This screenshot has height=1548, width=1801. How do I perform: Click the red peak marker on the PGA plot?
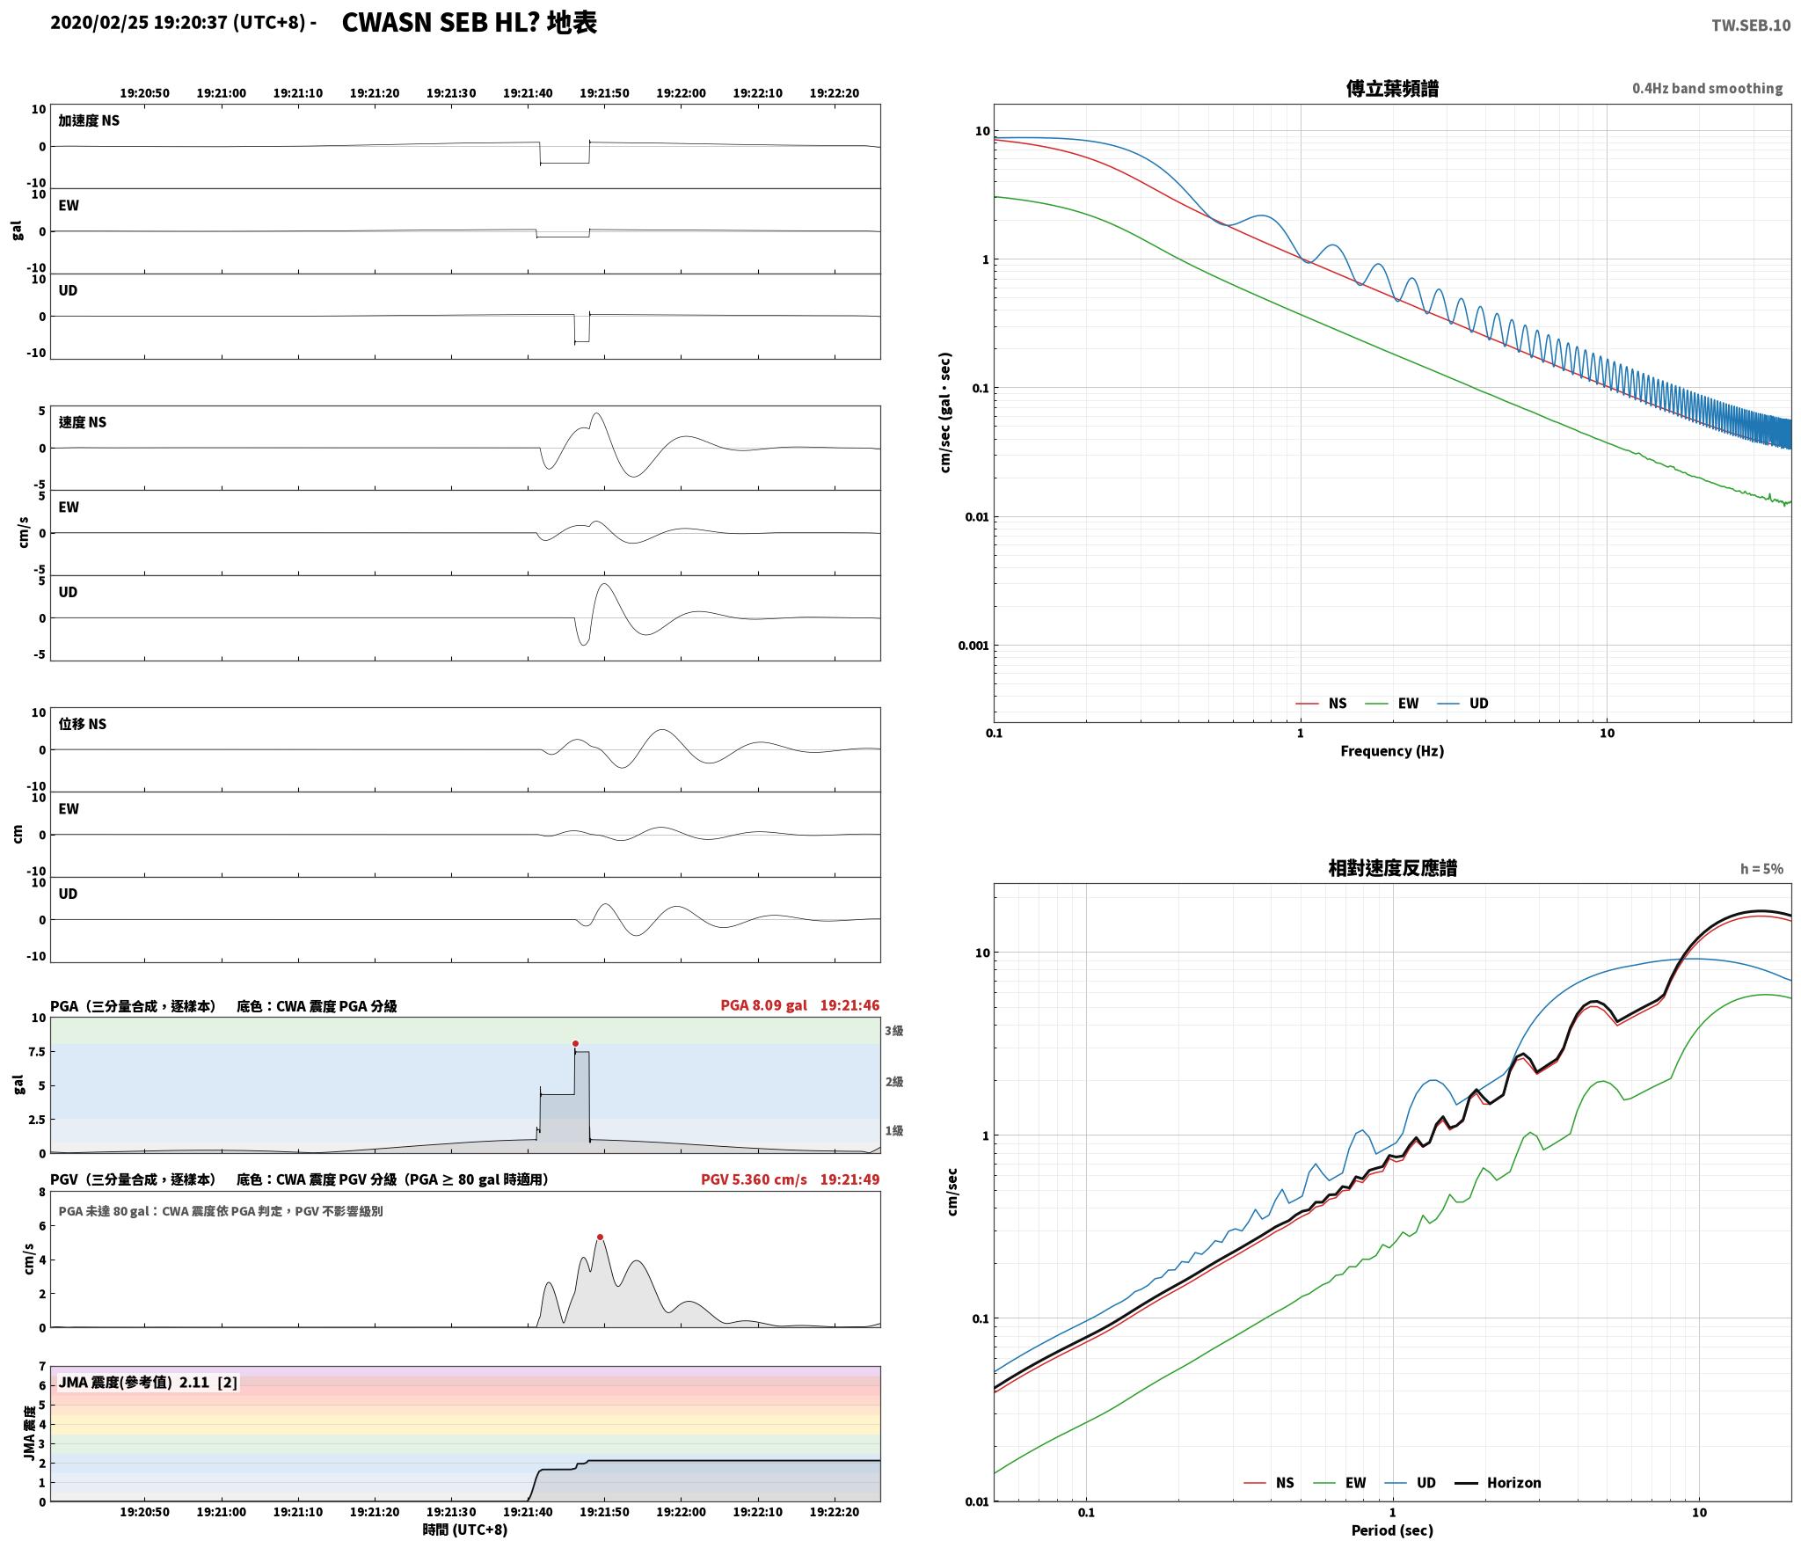click(x=575, y=1044)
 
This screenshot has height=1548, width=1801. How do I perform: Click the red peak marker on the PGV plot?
click(x=600, y=1237)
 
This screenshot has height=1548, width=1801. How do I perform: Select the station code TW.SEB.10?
click(x=1750, y=25)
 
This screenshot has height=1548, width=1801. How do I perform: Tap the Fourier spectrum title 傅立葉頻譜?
click(x=1392, y=88)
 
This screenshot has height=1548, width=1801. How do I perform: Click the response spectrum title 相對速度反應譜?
click(x=1392, y=868)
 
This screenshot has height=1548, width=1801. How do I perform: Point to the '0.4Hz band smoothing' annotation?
click(x=1707, y=88)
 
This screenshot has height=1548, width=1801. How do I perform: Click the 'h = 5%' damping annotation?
click(x=1761, y=869)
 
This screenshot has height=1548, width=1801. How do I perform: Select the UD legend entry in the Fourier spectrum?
click(x=1462, y=704)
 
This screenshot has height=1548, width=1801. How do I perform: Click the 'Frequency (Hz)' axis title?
click(x=1392, y=751)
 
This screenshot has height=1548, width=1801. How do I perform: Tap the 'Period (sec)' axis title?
click(x=1392, y=1530)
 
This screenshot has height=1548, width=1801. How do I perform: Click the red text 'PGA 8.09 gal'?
click(x=763, y=1005)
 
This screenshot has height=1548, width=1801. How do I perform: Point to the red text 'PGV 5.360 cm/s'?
click(x=754, y=1179)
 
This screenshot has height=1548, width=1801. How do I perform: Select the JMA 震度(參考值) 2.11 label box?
click(x=148, y=1383)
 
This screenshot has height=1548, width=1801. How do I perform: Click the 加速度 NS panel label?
click(x=89, y=120)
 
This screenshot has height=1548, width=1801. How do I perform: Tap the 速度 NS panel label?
click(x=83, y=422)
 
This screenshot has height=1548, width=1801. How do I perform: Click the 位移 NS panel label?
click(x=83, y=724)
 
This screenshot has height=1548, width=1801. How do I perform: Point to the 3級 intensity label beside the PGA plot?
click(x=894, y=1031)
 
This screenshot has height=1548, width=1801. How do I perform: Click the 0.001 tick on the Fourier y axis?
click(x=973, y=646)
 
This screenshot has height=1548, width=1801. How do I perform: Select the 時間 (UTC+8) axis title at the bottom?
click(x=465, y=1530)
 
